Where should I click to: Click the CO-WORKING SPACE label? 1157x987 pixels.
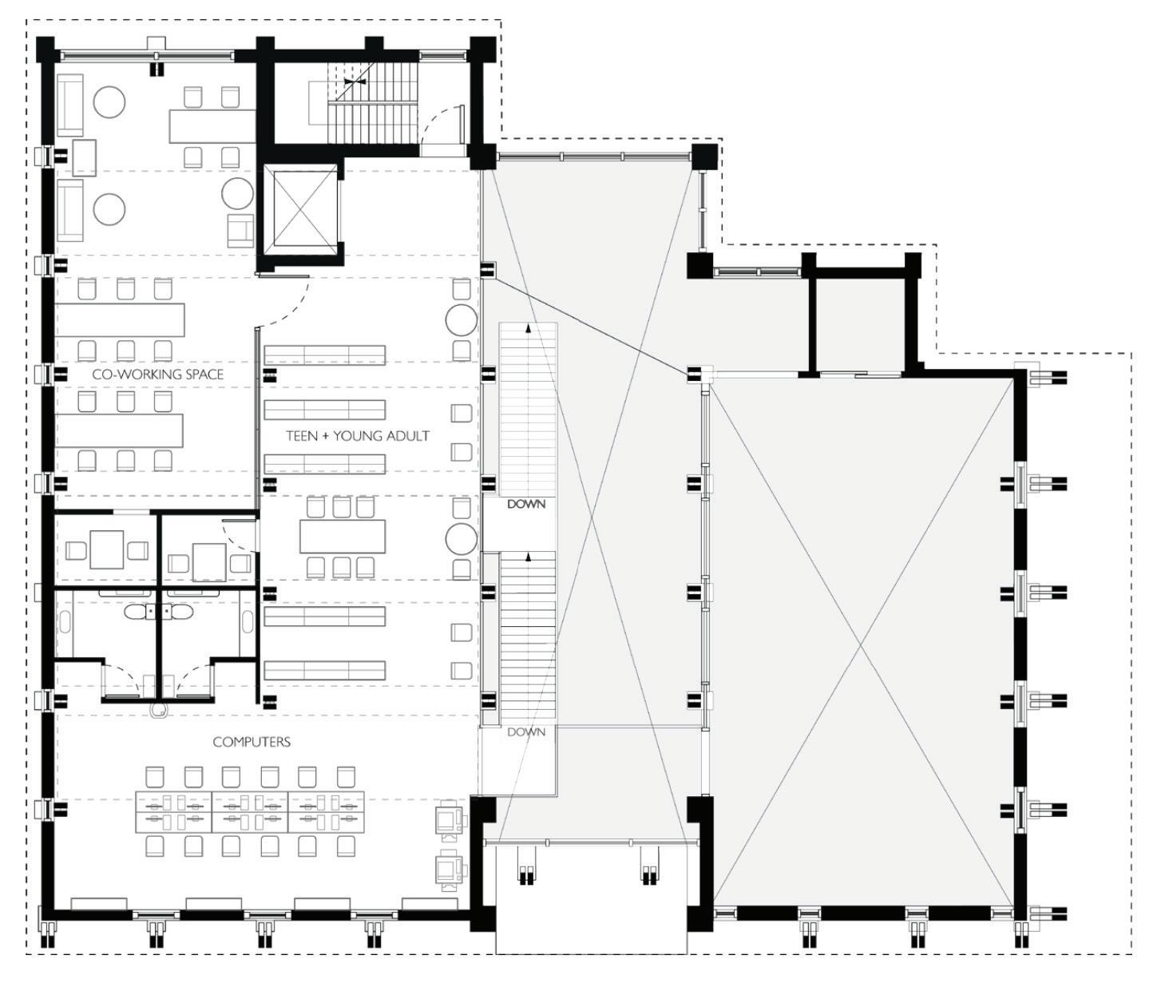[x=158, y=375]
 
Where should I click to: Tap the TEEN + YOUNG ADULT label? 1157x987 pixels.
[x=358, y=435]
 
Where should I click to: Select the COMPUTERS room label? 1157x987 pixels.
[x=252, y=742]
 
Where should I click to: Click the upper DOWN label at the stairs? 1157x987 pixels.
[x=526, y=505]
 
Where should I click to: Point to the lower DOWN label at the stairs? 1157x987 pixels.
[x=526, y=731]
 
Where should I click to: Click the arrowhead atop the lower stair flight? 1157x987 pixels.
[x=527, y=557]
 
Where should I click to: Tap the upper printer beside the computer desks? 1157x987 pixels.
[x=451, y=821]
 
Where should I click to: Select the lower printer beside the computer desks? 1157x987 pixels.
[x=451, y=870]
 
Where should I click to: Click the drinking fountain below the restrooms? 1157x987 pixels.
[x=160, y=709]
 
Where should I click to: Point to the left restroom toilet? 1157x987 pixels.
[x=137, y=612]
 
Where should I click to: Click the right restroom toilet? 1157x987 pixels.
[x=181, y=612]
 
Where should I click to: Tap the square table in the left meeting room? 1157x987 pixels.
[x=107, y=549]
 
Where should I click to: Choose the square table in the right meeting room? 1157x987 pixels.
[x=208, y=561]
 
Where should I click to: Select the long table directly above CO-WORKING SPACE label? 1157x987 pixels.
[x=120, y=319]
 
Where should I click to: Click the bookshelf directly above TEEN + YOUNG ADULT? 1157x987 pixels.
[x=325, y=410]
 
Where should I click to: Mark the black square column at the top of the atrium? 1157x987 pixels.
[x=704, y=157]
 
